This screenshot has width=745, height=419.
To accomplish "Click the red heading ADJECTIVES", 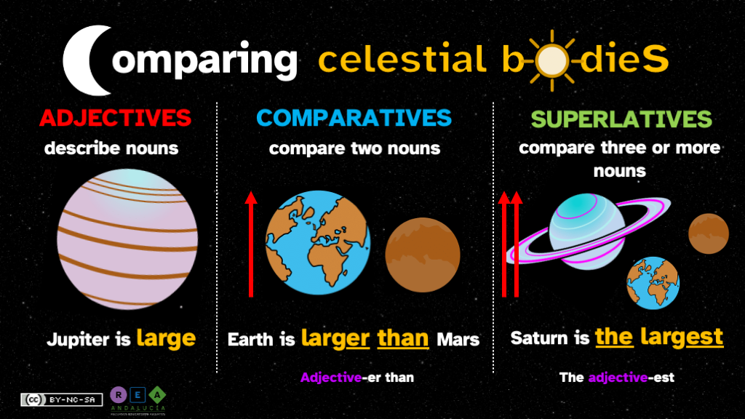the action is tap(116, 118).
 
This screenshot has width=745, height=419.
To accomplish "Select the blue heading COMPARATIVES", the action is tap(354, 118).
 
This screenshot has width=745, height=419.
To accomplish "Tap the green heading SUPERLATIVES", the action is tap(621, 119).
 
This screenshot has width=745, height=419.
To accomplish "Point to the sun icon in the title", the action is tap(551, 60).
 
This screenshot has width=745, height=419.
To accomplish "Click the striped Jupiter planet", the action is tap(127, 239).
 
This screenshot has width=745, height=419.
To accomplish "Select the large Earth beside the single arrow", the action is tap(318, 243).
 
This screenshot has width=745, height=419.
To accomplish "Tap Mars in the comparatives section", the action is tap(423, 255).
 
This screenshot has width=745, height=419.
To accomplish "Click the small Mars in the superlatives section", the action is tap(709, 234).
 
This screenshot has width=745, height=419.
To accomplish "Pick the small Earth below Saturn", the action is tap(653, 283).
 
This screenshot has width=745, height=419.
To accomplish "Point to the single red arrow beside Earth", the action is tap(251, 244).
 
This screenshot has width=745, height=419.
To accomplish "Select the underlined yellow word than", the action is tap(403, 339).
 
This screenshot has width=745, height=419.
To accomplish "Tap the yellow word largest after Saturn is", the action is tap(682, 338).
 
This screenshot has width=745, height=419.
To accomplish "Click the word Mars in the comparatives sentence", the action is tap(458, 340).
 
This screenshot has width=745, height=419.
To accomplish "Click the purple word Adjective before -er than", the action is tap(331, 378).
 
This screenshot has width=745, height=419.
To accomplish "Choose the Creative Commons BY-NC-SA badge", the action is tap(62, 400).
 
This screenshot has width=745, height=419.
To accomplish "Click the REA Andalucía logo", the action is tap(138, 402).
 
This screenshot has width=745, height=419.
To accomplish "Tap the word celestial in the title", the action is tap(402, 60).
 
